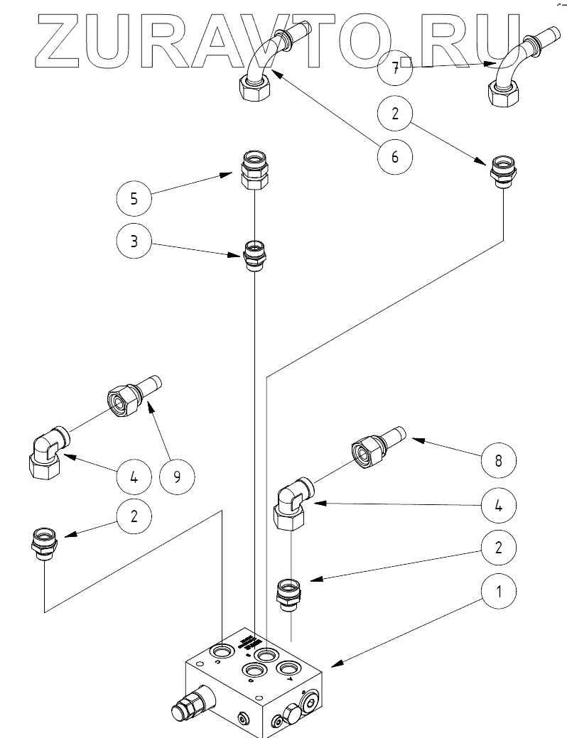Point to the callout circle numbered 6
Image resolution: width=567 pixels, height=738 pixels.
coord(395,156)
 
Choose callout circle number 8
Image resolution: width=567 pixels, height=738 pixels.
coord(498,460)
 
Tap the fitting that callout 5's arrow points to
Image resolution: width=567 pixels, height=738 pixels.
coord(253,170)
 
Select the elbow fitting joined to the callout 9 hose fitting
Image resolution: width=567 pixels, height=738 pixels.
coord(48,452)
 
